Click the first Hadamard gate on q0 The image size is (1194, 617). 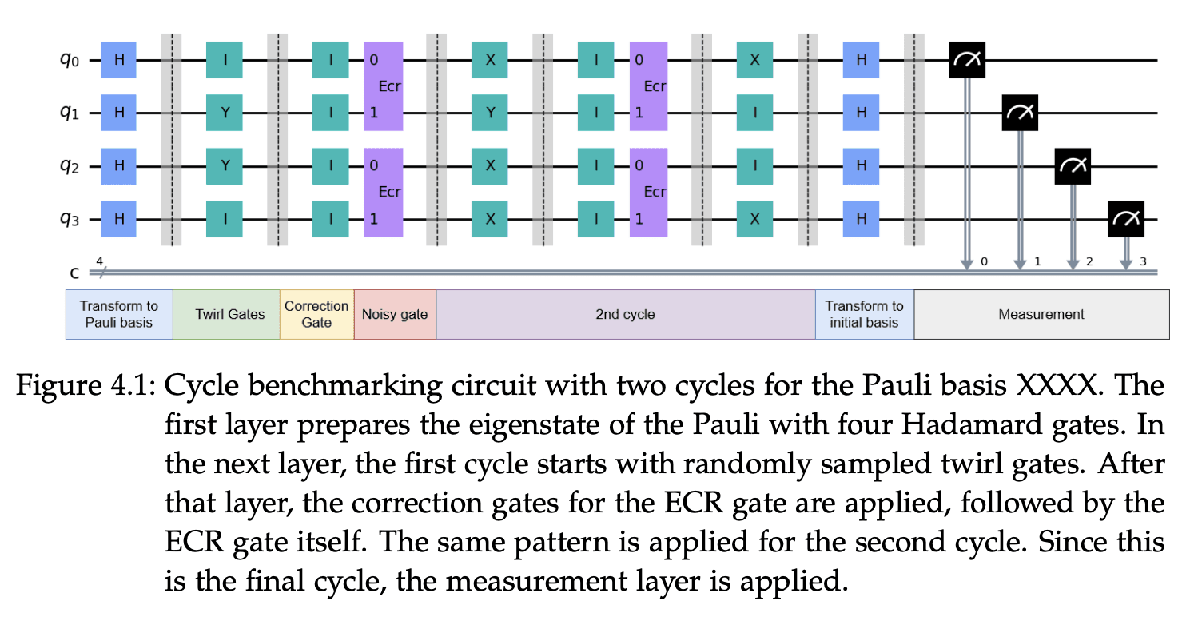pyautogui.click(x=118, y=60)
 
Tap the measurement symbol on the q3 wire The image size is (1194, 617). pyautogui.click(x=1126, y=219)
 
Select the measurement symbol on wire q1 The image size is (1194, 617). pyautogui.click(x=1020, y=113)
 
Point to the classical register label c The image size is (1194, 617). pyautogui.click(x=75, y=273)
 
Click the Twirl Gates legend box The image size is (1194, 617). pyautogui.click(x=226, y=314)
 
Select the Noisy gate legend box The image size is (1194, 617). pyautogui.click(x=395, y=314)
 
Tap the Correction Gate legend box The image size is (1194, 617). pyautogui.click(x=316, y=314)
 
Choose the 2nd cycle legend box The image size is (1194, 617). pyautogui.click(x=625, y=314)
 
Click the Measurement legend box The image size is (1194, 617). pyautogui.click(x=1041, y=314)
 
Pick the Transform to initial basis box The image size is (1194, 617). pyautogui.click(x=864, y=314)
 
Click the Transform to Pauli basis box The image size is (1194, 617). pyautogui.click(x=119, y=314)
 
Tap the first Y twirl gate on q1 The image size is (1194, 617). pyautogui.click(x=225, y=113)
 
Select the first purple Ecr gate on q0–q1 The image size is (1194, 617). pyautogui.click(x=384, y=86)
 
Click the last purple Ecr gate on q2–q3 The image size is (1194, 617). pyautogui.click(x=648, y=193)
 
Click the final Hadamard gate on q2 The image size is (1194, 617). pyautogui.click(x=861, y=166)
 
